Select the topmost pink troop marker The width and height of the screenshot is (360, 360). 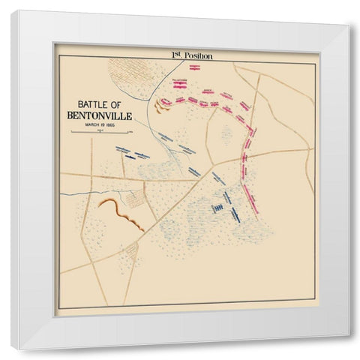click(195, 67)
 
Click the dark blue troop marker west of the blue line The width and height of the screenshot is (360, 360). click(130, 158)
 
